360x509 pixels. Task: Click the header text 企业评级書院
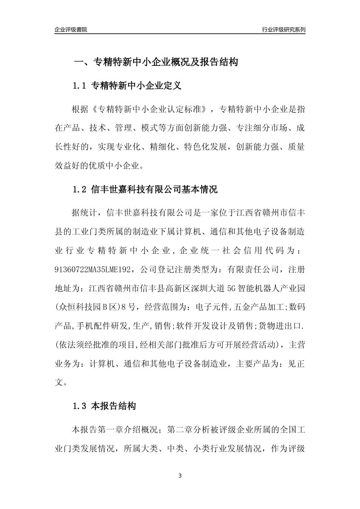pyautogui.click(x=71, y=30)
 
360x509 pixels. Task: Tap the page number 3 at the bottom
pyautogui.click(x=180, y=476)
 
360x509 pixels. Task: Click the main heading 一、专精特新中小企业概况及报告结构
pyautogui.click(x=156, y=62)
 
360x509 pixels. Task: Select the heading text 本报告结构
pyautogui.click(x=114, y=406)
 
